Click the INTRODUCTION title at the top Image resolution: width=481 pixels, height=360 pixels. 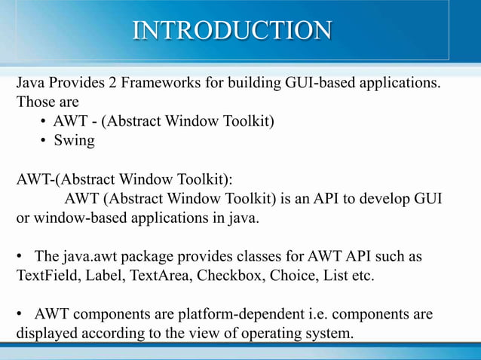232,30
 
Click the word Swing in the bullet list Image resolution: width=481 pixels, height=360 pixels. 74,140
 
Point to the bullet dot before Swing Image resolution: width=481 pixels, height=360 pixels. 45,141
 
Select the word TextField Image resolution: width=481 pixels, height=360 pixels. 47,276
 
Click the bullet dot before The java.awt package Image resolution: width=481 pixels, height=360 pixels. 22,258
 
